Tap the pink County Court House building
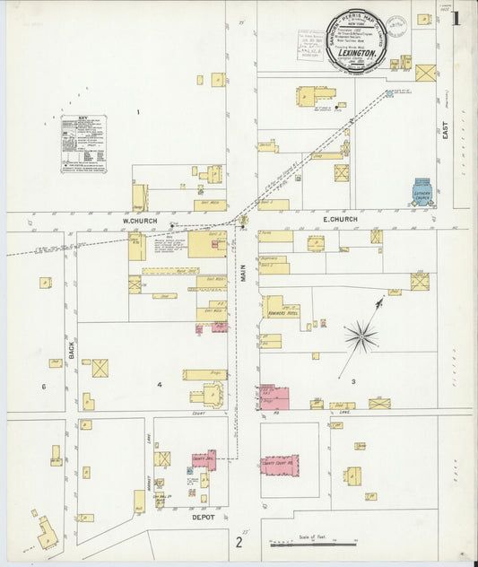(280, 466)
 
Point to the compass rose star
(361, 336)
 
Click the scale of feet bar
(313, 543)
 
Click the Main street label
(242, 269)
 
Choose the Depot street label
(204, 518)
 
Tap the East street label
(445, 135)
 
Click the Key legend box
(83, 144)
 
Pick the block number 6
(42, 387)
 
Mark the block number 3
(352, 382)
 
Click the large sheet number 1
(456, 18)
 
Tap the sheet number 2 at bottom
(239, 542)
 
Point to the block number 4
(160, 386)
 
